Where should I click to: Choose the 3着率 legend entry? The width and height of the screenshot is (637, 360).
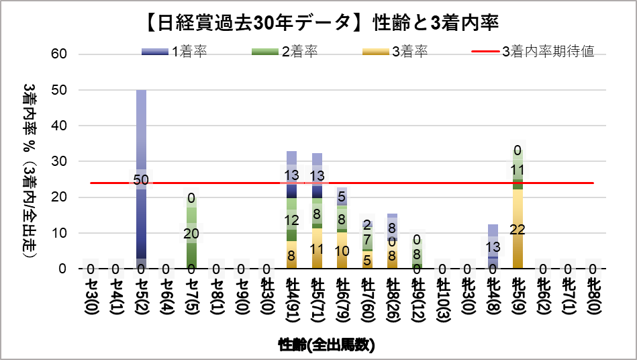[x=395, y=52]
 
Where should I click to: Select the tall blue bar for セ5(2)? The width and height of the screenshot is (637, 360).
[x=141, y=134]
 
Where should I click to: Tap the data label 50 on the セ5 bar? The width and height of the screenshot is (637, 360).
[x=141, y=179]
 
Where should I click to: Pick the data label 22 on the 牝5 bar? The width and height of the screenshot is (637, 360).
[x=518, y=230]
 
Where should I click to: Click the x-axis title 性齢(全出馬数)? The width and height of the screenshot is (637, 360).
[x=326, y=346]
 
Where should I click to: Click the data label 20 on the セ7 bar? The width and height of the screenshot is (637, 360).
[x=192, y=233]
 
